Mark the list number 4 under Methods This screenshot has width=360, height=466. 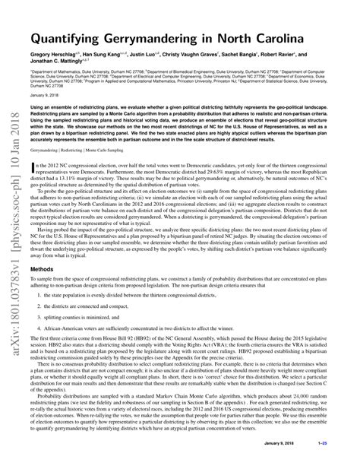(x=38, y=357)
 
